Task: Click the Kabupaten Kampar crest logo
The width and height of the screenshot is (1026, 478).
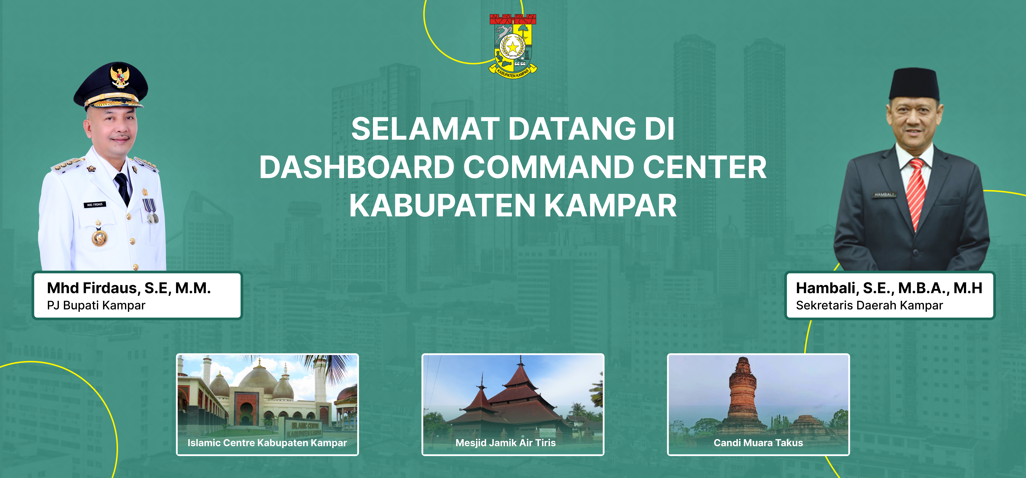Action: pyautogui.click(x=513, y=46)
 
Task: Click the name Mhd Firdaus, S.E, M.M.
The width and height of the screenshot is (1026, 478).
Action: pyautogui.click(x=129, y=288)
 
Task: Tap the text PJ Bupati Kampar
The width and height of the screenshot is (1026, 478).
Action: pyautogui.click(x=96, y=305)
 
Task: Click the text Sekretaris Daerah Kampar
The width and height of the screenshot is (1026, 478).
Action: pyautogui.click(x=869, y=305)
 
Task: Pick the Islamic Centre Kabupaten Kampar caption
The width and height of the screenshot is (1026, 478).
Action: pyautogui.click(x=267, y=442)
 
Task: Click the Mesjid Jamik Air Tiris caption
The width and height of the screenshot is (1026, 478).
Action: pyautogui.click(x=505, y=442)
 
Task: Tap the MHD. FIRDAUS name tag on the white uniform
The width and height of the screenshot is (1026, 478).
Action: pyautogui.click(x=95, y=204)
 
